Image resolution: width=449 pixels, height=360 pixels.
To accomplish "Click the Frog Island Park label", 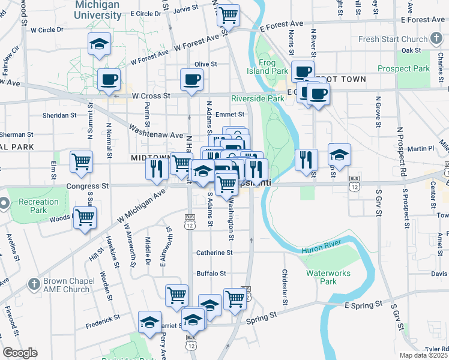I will pyautogui.click(x=274, y=66).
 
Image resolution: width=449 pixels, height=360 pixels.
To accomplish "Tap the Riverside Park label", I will pyautogui.click(x=258, y=98).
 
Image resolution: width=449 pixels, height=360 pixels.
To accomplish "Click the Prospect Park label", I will pyautogui.click(x=406, y=68).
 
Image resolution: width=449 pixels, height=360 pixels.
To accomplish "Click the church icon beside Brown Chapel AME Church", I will pyautogui.click(x=34, y=282).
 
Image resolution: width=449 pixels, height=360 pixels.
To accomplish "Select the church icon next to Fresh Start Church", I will pyautogui.click(x=436, y=40).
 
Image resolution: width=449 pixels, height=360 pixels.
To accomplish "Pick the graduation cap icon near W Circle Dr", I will pyautogui.click(x=100, y=44).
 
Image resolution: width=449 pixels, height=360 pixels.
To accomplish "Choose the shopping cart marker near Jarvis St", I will pyautogui.click(x=228, y=16).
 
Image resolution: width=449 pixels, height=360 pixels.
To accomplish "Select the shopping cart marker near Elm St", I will pyautogui.click(x=81, y=161).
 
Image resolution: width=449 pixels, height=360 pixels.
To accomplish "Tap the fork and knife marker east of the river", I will pyautogui.click(x=306, y=159).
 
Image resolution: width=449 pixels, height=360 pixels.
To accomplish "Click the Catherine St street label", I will pyautogui.click(x=214, y=253).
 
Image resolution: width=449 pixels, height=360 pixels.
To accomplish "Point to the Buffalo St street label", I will pyautogui.click(x=211, y=273).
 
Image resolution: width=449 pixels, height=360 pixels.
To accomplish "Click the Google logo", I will pyautogui.click(x=20, y=353).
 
